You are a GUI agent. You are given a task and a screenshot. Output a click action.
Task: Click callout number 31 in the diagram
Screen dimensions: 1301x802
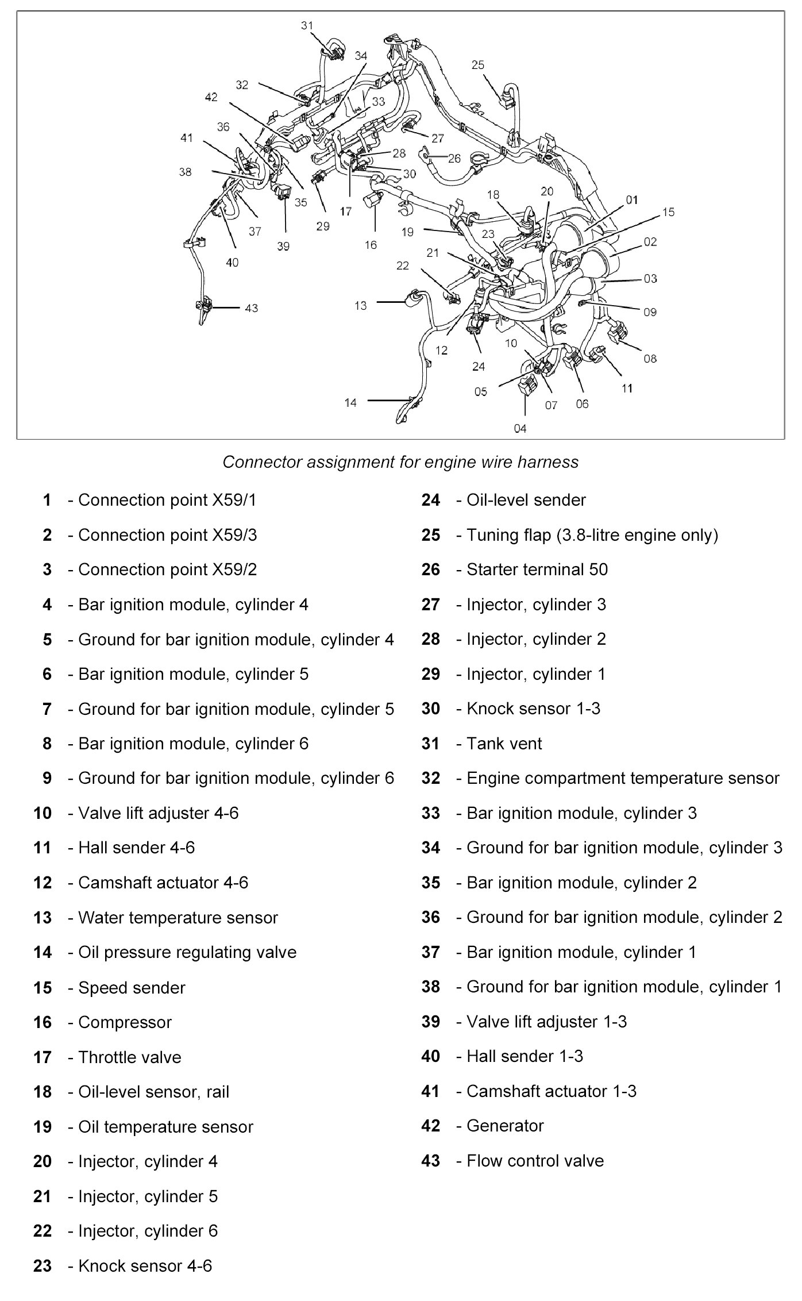[x=307, y=25]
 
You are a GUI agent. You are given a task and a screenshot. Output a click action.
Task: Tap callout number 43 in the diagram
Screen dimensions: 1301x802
[x=252, y=308]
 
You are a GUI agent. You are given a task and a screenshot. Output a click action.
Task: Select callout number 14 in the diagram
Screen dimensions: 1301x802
[x=350, y=403]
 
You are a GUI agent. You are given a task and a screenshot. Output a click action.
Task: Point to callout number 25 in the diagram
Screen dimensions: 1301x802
[x=478, y=65]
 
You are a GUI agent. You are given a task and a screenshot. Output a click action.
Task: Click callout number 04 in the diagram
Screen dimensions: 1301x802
[x=520, y=428]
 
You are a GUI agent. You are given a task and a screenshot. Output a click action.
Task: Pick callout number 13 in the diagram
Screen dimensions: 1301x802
[x=361, y=305]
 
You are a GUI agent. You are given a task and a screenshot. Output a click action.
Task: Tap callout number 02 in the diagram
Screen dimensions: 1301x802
[x=650, y=242]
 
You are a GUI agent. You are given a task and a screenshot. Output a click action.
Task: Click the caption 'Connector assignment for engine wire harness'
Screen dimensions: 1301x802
[x=400, y=462]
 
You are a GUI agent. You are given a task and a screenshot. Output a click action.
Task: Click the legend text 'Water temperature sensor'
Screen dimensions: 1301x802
[x=178, y=918]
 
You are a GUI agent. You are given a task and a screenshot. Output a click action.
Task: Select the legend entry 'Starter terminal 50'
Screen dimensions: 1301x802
[x=537, y=569]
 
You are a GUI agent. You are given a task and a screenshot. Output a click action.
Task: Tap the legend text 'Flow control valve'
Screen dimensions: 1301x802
[x=535, y=1161]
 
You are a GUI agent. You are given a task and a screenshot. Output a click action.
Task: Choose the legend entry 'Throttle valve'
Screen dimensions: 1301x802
[x=129, y=1057]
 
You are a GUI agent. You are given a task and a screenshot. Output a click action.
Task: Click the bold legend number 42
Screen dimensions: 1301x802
[x=430, y=1126]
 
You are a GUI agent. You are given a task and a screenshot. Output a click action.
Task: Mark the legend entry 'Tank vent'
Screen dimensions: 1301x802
[x=504, y=744]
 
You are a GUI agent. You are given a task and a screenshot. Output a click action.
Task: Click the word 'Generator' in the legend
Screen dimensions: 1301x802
[x=505, y=1126]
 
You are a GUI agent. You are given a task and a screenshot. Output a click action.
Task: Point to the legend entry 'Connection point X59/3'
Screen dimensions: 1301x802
[x=167, y=535]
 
